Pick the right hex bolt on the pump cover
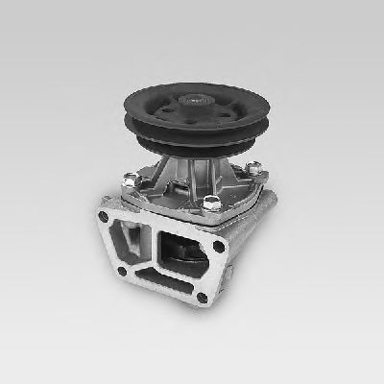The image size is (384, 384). [254, 170]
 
